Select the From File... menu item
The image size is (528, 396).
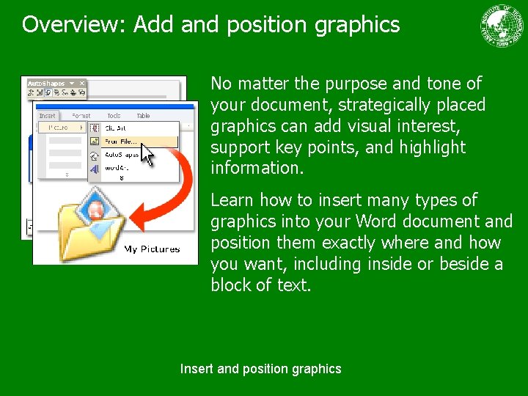[x=120, y=141]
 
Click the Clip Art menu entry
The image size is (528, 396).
[x=116, y=128]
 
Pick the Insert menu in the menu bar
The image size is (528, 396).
[x=48, y=116]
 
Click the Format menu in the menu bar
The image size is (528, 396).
[x=81, y=116]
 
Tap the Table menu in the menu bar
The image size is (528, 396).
[x=143, y=116]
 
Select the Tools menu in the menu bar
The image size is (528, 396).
[x=114, y=116]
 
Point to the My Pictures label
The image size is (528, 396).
[x=152, y=249]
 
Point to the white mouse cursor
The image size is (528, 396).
[x=147, y=155]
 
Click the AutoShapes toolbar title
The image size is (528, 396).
[x=45, y=84]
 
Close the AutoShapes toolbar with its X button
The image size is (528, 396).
[x=82, y=84]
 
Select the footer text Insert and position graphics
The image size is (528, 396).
[x=260, y=369]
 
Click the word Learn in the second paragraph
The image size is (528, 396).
[x=232, y=200]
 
